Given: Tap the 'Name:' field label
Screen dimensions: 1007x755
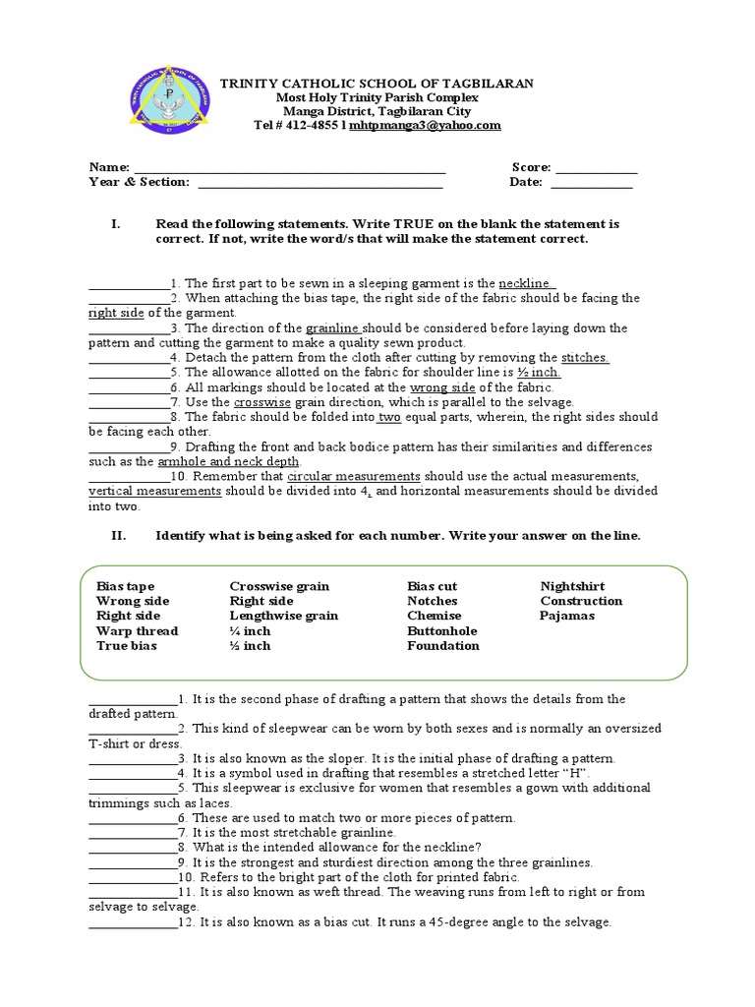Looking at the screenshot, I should (109, 167).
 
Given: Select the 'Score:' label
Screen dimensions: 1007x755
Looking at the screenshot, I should (531, 167).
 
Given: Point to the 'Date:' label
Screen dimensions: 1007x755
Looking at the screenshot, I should (526, 182).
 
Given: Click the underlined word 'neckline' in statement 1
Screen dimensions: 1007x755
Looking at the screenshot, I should (527, 283).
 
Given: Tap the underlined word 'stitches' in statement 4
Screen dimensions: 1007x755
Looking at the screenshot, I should (585, 358).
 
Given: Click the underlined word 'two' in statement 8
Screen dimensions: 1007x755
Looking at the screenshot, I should (389, 417).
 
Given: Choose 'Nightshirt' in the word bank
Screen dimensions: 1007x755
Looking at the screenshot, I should (573, 586).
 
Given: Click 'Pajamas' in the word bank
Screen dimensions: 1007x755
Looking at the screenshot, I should (567, 616).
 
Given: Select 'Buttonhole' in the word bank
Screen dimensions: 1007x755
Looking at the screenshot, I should (441, 630).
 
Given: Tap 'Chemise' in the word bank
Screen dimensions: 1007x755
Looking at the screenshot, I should (434, 616).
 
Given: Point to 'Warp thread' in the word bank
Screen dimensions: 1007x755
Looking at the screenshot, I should (137, 630).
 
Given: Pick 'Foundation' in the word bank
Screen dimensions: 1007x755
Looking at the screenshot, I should (443, 645).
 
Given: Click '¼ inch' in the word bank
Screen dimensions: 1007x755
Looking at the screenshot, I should (250, 630).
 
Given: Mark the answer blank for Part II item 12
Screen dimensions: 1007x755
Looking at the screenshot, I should (132, 923).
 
